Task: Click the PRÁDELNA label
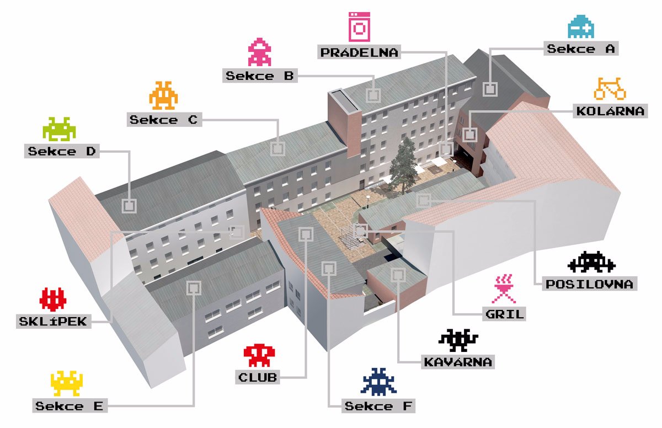pyautogui.click(x=359, y=52)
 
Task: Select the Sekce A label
pyautogui.click(x=580, y=49)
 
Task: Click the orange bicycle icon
pyautogui.click(x=610, y=88)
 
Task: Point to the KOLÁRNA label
pyautogui.click(x=610, y=111)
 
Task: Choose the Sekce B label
pyautogui.click(x=260, y=76)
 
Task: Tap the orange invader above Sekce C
pyautogui.click(x=163, y=95)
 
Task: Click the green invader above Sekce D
pyautogui.click(x=59, y=129)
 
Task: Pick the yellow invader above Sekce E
pyautogui.click(x=67, y=383)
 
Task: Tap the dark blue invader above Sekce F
pyautogui.click(x=378, y=382)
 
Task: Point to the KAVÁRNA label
pyautogui.click(x=458, y=362)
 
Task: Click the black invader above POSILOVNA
pyautogui.click(x=591, y=262)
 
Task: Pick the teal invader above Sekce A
pyautogui.click(x=581, y=26)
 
